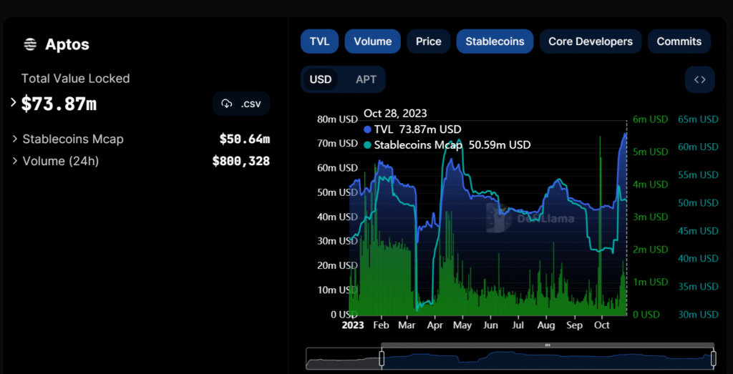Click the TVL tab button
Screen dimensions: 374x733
click(319, 41)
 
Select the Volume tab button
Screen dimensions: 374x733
click(372, 41)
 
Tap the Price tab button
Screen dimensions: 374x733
click(428, 41)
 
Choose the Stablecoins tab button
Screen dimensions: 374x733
click(495, 41)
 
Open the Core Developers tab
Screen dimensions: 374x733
click(590, 41)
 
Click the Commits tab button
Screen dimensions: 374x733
click(679, 41)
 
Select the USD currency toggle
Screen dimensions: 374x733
click(320, 79)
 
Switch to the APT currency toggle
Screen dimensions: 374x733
click(366, 79)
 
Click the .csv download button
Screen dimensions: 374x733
click(241, 104)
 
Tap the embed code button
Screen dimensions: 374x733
click(699, 79)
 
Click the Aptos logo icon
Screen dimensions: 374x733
click(30, 44)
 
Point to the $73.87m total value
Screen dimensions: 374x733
click(59, 104)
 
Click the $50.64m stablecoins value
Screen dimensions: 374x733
click(244, 139)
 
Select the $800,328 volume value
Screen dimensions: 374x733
click(241, 161)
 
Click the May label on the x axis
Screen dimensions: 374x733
click(462, 325)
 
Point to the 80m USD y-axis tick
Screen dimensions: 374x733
click(337, 119)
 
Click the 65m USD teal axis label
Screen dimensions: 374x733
click(698, 119)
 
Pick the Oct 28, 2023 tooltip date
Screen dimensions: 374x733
click(395, 113)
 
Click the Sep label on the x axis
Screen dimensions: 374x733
click(575, 325)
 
